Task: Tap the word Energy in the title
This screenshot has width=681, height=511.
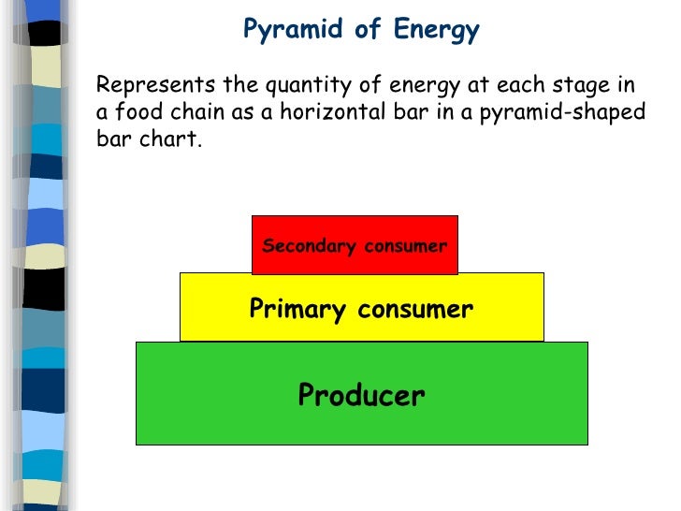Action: pyautogui.click(x=434, y=30)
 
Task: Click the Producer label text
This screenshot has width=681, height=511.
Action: pyautogui.click(x=361, y=396)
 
